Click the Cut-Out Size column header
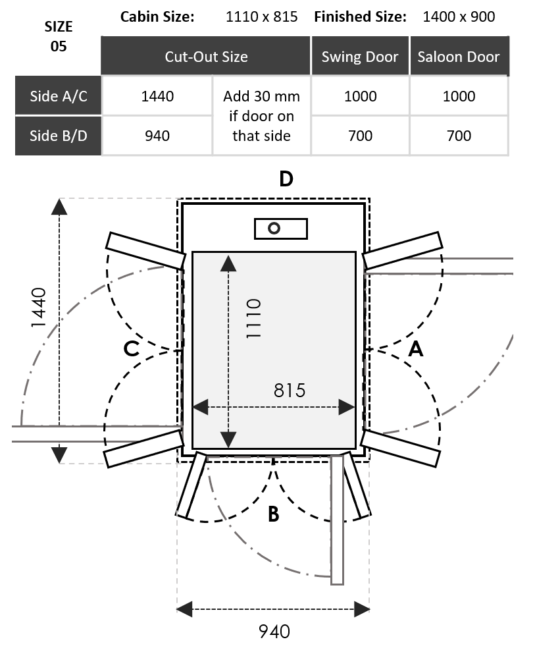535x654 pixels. [206, 57]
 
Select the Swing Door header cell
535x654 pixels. [360, 57]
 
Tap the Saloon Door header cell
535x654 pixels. [459, 57]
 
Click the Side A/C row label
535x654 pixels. [59, 96]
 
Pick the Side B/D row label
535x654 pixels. [59, 136]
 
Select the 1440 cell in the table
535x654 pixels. [158, 96]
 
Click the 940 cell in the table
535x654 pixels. [158, 136]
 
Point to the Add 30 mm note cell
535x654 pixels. [261, 116]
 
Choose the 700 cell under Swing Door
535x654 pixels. [361, 136]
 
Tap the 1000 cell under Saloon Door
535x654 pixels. [459, 96]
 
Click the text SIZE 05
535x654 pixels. [59, 37]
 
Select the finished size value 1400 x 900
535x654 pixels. [459, 16]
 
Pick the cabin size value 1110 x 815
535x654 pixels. [261, 16]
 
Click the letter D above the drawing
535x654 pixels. [286, 178]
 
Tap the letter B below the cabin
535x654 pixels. [274, 514]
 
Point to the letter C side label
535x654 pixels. [132, 348]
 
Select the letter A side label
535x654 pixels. [416, 348]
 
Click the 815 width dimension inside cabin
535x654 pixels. [290, 390]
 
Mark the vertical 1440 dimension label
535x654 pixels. [38, 308]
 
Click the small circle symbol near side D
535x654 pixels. [274, 228]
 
